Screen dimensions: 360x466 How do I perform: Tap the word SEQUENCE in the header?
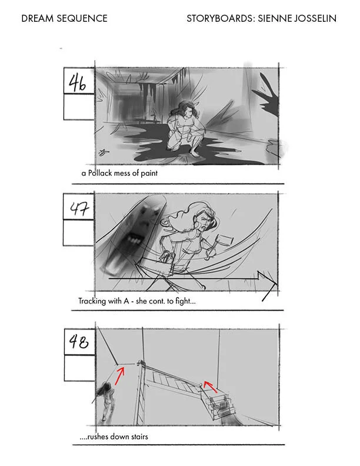(x=82, y=18)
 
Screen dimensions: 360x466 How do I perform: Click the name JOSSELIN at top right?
(x=315, y=18)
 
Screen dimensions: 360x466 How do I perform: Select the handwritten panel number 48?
(x=78, y=341)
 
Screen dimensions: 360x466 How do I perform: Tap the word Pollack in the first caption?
(x=100, y=173)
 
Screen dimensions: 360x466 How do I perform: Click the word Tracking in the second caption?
(x=92, y=301)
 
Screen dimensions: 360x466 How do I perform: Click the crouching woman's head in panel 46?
(x=186, y=109)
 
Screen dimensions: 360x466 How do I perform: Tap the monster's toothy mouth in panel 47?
(x=133, y=239)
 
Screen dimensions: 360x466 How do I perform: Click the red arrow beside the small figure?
(x=119, y=375)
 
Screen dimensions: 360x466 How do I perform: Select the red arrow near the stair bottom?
(x=211, y=386)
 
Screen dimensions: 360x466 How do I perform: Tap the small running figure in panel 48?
(x=106, y=401)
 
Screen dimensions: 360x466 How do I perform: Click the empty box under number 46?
(x=79, y=107)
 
